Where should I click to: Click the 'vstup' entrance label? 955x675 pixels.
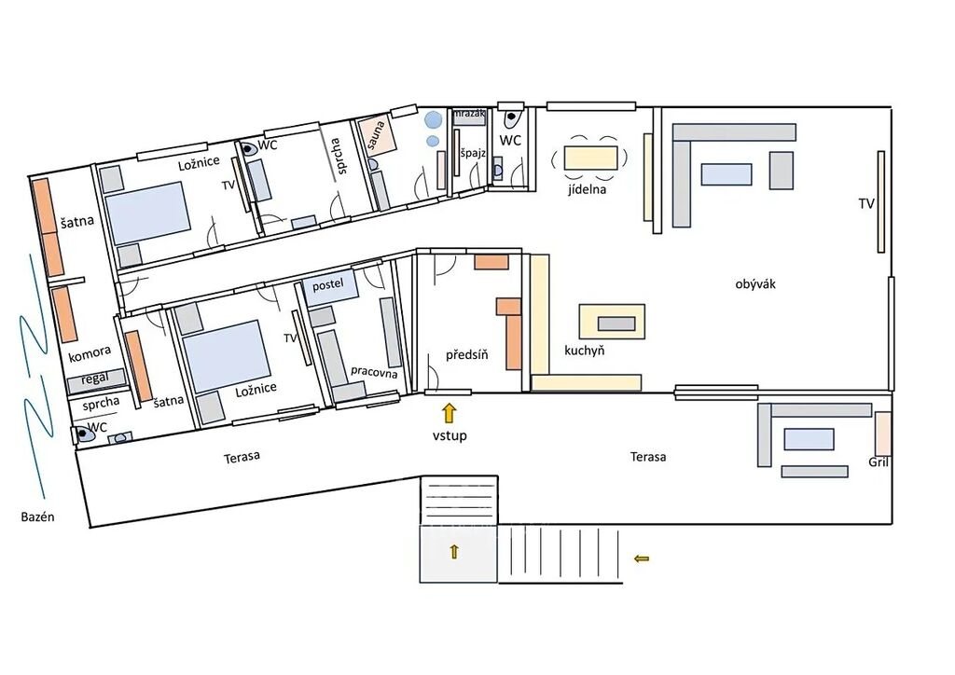[450, 435]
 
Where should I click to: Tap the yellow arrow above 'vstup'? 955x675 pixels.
[449, 413]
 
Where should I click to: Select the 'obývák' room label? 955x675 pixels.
[755, 283]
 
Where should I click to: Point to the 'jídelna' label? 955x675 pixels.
[588, 189]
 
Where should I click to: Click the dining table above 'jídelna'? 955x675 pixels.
[590, 158]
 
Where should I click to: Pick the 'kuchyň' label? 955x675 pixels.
[584, 351]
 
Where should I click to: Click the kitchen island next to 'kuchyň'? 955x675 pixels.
[612, 322]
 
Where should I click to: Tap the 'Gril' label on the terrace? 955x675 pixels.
[879, 462]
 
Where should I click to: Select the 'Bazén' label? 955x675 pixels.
[37, 517]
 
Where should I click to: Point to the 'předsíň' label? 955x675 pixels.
[466, 354]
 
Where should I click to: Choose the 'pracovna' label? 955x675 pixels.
[374, 371]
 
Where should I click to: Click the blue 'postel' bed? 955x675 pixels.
[329, 288]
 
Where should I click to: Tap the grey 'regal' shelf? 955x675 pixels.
[96, 379]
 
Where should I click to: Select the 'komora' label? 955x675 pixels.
[90, 353]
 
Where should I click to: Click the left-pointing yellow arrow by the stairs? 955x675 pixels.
[642, 558]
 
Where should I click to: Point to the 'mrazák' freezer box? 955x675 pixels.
[469, 117]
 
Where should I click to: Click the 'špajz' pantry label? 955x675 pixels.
[472, 153]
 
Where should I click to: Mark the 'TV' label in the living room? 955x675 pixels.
[866, 204]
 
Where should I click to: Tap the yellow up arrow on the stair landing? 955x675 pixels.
[454, 551]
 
